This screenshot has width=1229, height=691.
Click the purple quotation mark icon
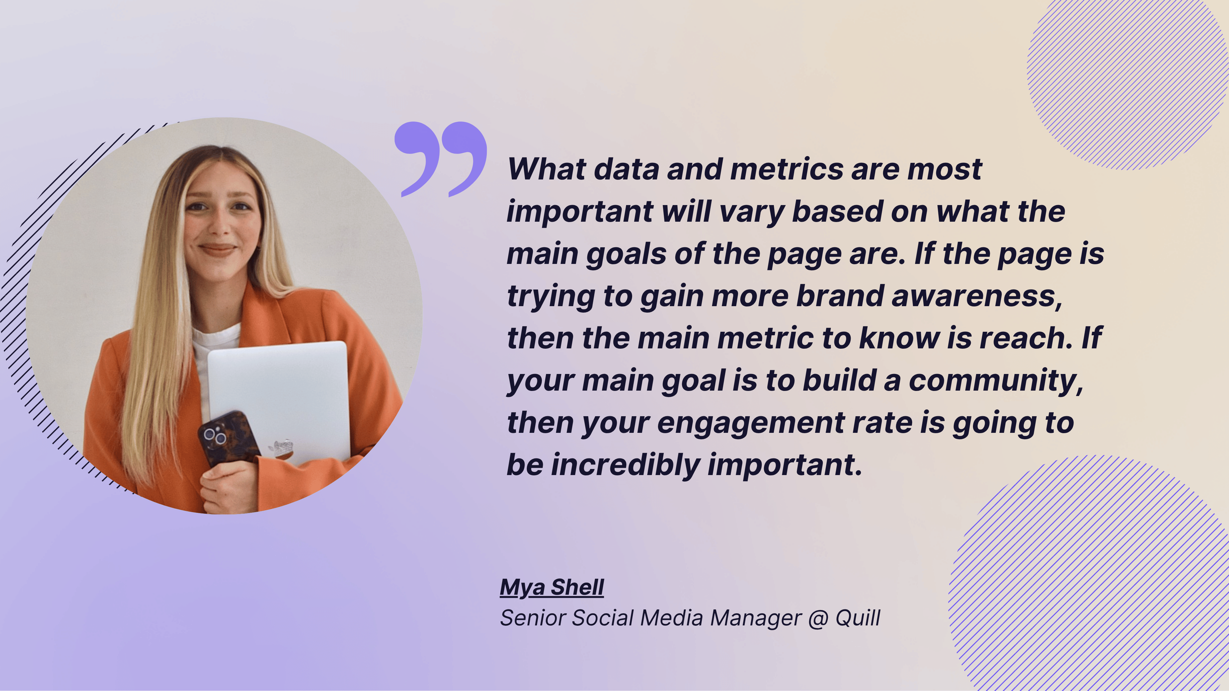(440, 159)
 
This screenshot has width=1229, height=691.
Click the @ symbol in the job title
(818, 619)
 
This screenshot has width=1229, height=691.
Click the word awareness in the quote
(976, 296)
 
